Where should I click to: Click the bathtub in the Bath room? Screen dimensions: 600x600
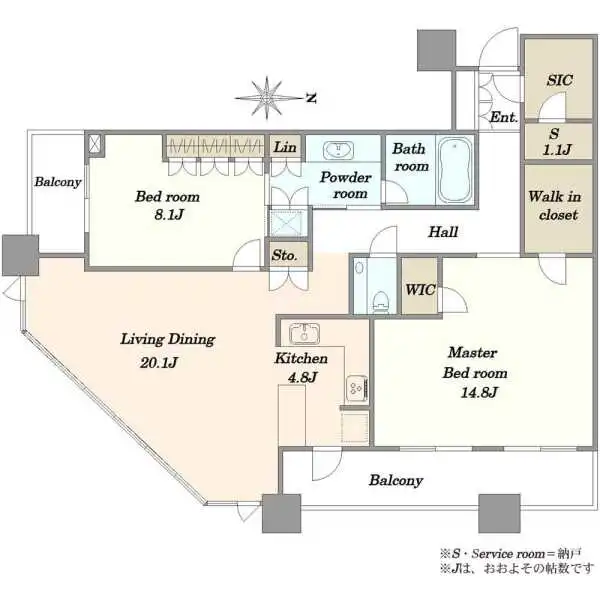pyautogui.click(x=454, y=171)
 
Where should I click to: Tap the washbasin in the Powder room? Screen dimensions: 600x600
pyautogui.click(x=338, y=150)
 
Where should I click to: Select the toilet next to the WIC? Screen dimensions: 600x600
pyautogui.click(x=380, y=301)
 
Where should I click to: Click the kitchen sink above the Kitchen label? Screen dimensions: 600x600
pyautogui.click(x=305, y=334)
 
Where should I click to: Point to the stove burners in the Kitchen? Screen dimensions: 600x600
pyautogui.click(x=357, y=388)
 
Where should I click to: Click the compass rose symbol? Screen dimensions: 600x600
pyautogui.click(x=267, y=98)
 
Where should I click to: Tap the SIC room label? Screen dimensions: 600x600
pyautogui.click(x=559, y=80)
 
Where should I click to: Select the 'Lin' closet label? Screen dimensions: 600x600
pyautogui.click(x=285, y=147)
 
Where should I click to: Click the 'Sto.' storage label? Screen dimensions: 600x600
pyautogui.click(x=284, y=255)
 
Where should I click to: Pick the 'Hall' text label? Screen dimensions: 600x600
pyautogui.click(x=443, y=232)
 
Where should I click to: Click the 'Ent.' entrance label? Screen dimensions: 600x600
pyautogui.click(x=504, y=117)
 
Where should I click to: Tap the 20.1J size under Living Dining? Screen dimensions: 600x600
pyautogui.click(x=158, y=362)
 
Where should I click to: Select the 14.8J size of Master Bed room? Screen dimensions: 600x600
pyautogui.click(x=479, y=392)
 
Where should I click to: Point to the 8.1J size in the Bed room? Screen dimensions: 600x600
pyautogui.click(x=168, y=215)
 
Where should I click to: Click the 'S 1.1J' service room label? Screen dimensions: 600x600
pyautogui.click(x=556, y=142)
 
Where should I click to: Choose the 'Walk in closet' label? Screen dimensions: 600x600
pyautogui.click(x=555, y=206)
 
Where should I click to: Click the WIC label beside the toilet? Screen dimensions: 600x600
pyautogui.click(x=420, y=290)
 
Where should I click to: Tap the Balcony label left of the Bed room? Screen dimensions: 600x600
pyautogui.click(x=58, y=182)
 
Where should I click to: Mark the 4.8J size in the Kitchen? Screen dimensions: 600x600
pyautogui.click(x=302, y=377)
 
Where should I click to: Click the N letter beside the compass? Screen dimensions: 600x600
pyautogui.click(x=312, y=98)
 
